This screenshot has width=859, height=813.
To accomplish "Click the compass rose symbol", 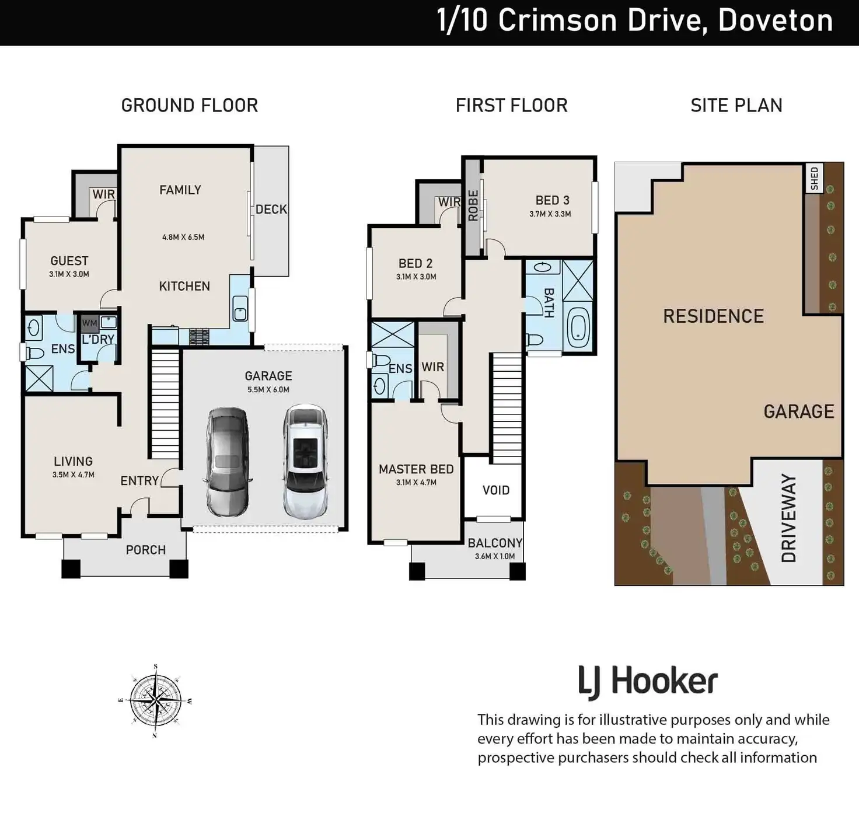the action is coord(156,701).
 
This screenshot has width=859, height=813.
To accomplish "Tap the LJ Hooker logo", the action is coord(648,682).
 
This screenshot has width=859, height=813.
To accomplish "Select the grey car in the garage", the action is coord(227,462).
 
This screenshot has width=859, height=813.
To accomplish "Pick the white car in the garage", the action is coord(305,462).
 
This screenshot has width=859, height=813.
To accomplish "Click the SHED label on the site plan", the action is coord(815,179).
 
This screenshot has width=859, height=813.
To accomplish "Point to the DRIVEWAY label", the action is coord(788,518).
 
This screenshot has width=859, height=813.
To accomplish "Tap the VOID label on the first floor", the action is coord(496,490).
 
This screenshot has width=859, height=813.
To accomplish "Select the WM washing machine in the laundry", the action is coord(89,323).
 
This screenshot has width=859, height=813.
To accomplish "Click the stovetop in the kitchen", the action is coord(199,337).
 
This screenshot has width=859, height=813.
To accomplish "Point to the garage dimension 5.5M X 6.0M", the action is coord(268,389).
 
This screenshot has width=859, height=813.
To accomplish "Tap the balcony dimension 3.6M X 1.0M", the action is coord(495,556).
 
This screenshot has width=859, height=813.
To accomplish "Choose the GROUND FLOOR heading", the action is coord(190,105).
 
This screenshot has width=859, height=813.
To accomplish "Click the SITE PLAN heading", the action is coord(736,105).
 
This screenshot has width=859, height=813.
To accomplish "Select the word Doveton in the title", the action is coord(776,20).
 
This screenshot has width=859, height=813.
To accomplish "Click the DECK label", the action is coord(271,210).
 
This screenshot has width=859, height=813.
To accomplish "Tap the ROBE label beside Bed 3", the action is coord(473,205).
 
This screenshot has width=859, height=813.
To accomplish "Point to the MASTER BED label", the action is coord(416,469).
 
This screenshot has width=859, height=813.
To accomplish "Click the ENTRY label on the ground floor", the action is coord(139,481).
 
